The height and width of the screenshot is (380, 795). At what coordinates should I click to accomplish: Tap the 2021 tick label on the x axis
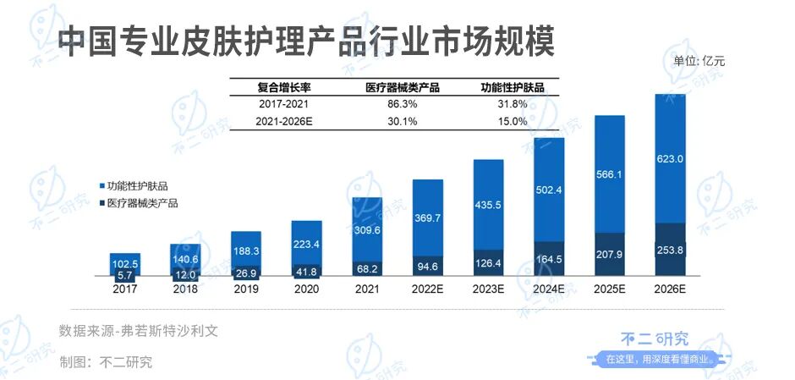[367, 288]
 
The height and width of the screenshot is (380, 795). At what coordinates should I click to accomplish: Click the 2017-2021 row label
[283, 103]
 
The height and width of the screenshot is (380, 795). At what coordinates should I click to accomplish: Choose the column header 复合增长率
[283, 86]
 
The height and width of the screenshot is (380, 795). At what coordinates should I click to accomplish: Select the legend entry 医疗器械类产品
[140, 203]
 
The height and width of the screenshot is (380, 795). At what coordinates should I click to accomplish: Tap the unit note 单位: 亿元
[699, 60]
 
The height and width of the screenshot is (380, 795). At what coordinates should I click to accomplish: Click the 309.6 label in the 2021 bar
[367, 229]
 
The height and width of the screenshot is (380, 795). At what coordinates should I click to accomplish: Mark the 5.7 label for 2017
[124, 274]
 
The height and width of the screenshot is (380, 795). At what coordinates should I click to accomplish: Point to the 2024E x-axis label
[549, 288]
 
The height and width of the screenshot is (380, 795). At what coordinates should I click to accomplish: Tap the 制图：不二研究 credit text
[106, 362]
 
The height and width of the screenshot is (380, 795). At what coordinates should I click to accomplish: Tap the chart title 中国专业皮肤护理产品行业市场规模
[305, 40]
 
